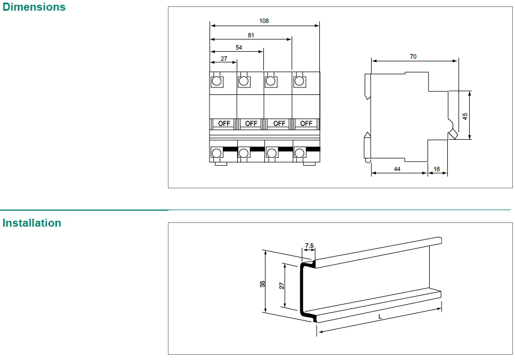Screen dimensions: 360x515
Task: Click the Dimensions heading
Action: (x=34, y=7)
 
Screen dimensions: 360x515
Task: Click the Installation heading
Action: (x=32, y=223)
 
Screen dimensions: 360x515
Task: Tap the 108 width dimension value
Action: (x=264, y=21)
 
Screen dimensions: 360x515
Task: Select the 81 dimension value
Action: (x=251, y=35)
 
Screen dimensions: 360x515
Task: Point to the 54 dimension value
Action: (x=238, y=47)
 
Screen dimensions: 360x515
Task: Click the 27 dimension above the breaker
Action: (x=223, y=59)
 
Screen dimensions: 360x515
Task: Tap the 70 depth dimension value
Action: (x=413, y=57)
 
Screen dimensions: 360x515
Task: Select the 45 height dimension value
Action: (x=465, y=116)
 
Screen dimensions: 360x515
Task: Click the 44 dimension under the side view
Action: (x=397, y=169)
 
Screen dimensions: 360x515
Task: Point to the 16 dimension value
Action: (x=437, y=169)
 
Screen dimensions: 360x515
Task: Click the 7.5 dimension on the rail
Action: (x=309, y=246)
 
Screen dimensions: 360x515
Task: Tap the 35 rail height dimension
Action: (x=263, y=284)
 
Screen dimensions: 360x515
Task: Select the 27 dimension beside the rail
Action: (x=282, y=285)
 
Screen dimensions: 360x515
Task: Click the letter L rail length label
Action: (x=380, y=317)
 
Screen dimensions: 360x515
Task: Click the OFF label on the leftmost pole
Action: (x=224, y=124)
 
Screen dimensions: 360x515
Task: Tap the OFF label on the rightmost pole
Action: (x=306, y=124)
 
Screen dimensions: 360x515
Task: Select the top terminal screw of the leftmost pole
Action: (x=217, y=81)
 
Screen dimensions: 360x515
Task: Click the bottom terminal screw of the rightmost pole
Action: (x=299, y=154)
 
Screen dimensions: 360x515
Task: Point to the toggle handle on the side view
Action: (x=452, y=131)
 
